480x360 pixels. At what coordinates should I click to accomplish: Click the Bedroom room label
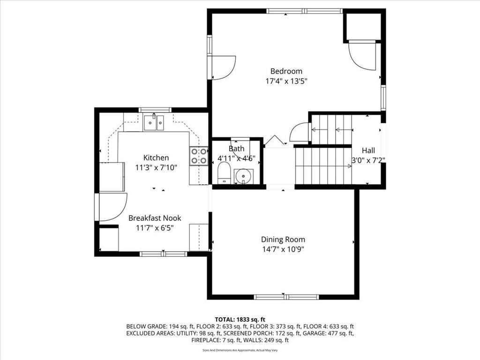[286, 71]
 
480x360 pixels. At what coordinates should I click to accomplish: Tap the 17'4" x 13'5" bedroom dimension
[286, 82]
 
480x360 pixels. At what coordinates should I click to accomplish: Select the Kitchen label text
[156, 157]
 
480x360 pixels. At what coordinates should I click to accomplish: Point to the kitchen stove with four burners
[199, 156]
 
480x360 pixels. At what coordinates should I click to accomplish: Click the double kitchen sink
[154, 122]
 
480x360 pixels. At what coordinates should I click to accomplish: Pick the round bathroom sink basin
[244, 176]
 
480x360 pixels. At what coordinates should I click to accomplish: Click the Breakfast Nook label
[155, 218]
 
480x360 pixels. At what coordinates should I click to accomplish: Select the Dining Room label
[283, 240]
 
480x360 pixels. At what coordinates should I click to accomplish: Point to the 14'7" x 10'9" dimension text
[283, 249]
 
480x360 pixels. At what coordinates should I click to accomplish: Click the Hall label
[368, 150]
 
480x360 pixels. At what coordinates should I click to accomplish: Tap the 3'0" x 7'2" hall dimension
[367, 160]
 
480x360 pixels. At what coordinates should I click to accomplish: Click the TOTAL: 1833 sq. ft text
[240, 320]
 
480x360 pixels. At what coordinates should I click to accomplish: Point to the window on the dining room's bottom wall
[286, 297]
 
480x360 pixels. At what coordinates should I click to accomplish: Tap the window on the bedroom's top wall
[304, 11]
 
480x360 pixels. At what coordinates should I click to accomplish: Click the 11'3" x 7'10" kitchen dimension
[156, 168]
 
